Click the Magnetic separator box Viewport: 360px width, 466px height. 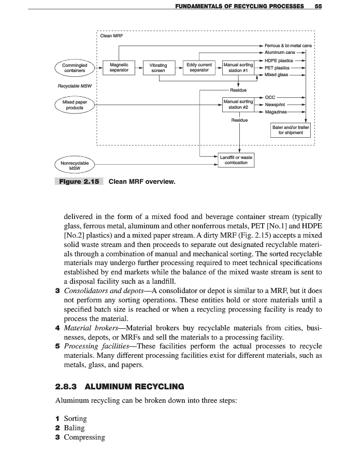point(119,67)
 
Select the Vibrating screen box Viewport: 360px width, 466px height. point(158,68)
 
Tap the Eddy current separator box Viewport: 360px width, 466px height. point(199,67)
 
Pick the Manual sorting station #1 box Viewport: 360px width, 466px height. point(238,68)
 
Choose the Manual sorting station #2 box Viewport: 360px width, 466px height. point(238,105)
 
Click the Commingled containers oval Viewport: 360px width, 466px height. point(75,68)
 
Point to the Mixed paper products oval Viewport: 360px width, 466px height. point(75,105)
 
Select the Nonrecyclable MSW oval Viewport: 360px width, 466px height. point(75,165)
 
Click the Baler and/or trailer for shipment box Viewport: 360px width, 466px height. point(291,129)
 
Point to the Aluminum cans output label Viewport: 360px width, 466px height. point(280,53)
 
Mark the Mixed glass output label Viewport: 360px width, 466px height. point(277,75)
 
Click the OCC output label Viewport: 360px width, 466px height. point(270,97)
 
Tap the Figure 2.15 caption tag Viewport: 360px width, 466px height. point(79,182)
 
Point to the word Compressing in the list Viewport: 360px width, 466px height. point(84,438)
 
